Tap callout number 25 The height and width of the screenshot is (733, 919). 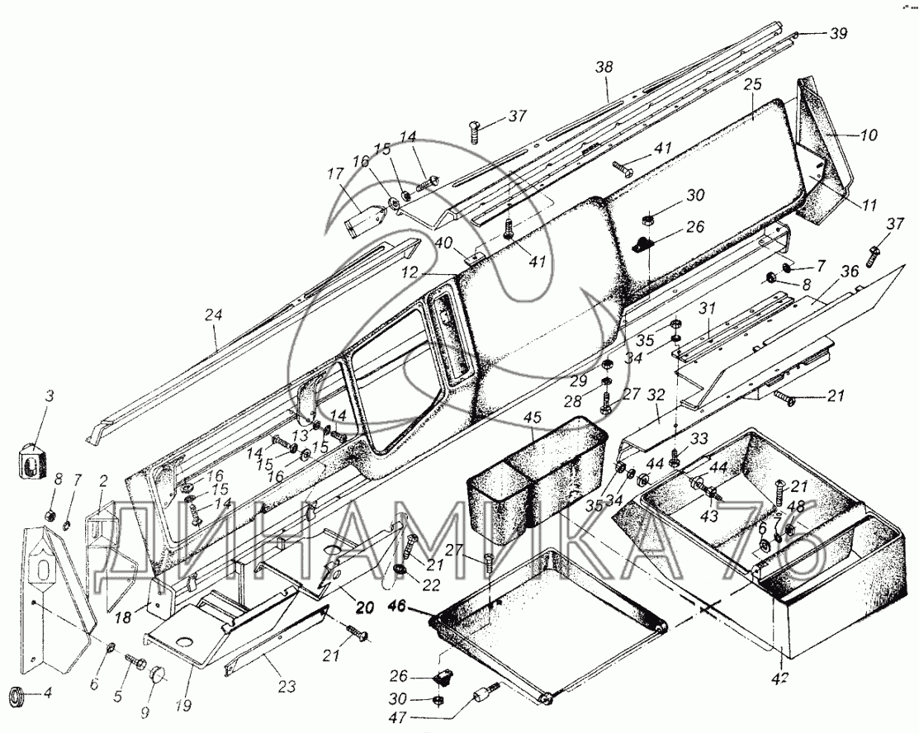click(751, 86)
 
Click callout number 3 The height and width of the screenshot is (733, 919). click(49, 397)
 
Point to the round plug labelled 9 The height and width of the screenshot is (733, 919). click(157, 677)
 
